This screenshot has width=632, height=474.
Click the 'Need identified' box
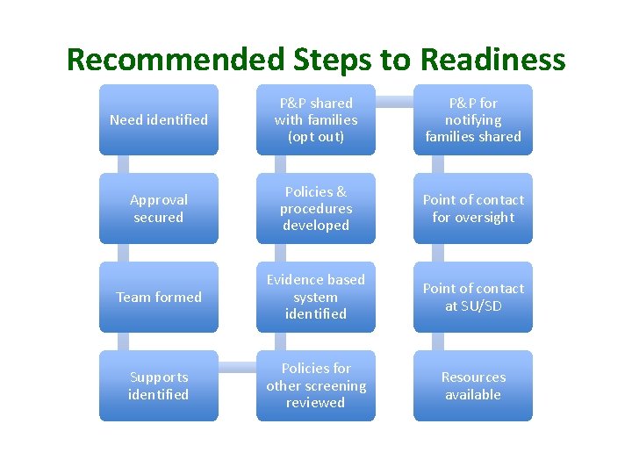(158, 119)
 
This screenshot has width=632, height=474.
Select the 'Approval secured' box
(158, 208)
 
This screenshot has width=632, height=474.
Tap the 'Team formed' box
(158, 297)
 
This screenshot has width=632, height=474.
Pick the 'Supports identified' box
(158, 385)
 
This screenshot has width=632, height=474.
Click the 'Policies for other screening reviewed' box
(315, 385)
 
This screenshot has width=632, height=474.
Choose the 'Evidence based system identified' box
(315, 297)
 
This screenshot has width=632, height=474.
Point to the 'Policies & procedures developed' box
(315, 208)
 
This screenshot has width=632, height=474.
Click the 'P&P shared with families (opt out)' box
(315, 119)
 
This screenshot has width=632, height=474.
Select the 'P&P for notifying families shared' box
(473, 119)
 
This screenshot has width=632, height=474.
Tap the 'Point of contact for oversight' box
(473, 208)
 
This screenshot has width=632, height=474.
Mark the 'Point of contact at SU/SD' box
(473, 297)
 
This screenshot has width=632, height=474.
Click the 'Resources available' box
(473, 385)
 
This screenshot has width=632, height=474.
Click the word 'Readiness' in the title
(492, 59)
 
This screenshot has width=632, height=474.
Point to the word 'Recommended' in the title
(174, 59)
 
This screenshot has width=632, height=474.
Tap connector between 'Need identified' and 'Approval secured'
(123, 164)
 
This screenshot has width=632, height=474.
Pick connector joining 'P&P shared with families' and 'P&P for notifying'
(394, 101)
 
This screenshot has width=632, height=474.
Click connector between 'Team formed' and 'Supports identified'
(123, 341)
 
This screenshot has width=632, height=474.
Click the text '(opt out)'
(315, 137)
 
